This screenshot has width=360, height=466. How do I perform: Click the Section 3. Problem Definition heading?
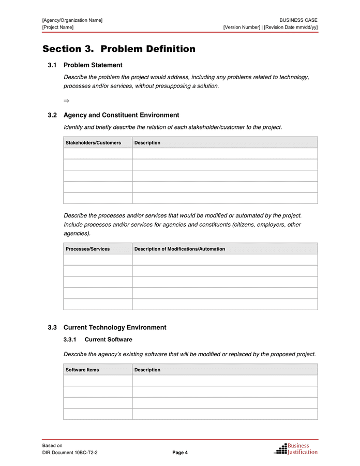pos(119,49)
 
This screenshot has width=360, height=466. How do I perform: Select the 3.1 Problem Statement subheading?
pos(93,65)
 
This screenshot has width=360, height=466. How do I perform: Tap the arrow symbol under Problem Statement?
pos(66,100)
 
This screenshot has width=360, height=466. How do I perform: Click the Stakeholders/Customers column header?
pos(93,143)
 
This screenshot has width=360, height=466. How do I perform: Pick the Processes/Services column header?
pos(87,249)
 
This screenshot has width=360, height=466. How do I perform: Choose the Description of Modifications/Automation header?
pos(179,249)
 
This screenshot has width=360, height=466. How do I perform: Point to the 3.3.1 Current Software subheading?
pos(108,340)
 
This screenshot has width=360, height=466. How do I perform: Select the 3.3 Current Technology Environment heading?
pos(114,328)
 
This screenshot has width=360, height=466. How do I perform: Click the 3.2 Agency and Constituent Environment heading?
pos(121,115)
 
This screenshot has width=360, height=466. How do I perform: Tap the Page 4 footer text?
pos(180,453)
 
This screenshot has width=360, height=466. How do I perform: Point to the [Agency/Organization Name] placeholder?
pos(72,20)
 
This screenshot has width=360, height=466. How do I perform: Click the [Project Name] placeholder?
pos(58,27)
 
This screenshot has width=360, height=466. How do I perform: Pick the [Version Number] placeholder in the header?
pos(242,27)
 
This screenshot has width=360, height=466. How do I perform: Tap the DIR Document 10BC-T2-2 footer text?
pos(70,453)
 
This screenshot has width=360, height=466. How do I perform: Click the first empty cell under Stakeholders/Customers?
pos(98,154)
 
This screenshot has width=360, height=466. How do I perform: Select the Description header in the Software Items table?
pos(147,370)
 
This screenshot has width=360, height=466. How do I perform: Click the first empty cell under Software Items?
pos(98,381)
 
